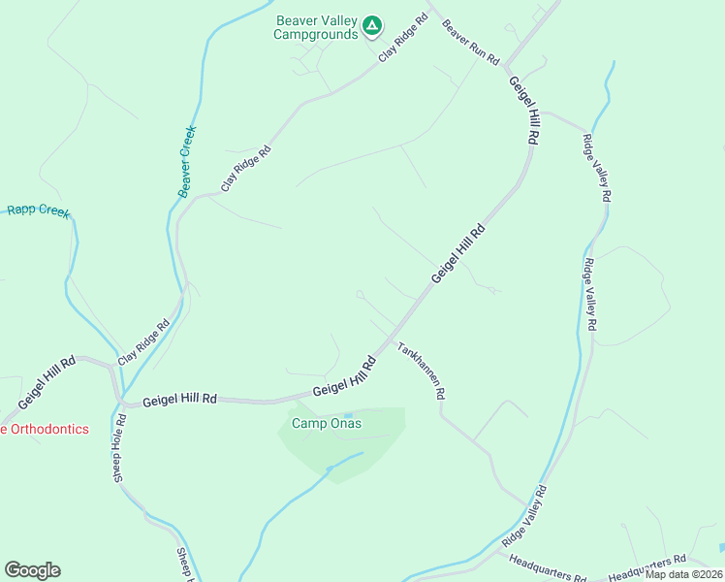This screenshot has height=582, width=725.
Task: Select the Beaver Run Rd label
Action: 470,44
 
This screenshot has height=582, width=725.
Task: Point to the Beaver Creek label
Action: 187,162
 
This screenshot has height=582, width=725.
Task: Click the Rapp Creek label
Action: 40,210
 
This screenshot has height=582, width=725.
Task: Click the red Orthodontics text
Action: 45,429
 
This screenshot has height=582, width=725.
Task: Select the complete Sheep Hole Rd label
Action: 120,449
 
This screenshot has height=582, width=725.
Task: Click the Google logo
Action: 32,570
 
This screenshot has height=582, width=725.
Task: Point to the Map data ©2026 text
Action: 684,574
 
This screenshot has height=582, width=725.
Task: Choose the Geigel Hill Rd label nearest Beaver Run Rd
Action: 521,113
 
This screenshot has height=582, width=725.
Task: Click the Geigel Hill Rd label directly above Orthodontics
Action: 47,383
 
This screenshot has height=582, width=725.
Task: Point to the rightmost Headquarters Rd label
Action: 646,567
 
